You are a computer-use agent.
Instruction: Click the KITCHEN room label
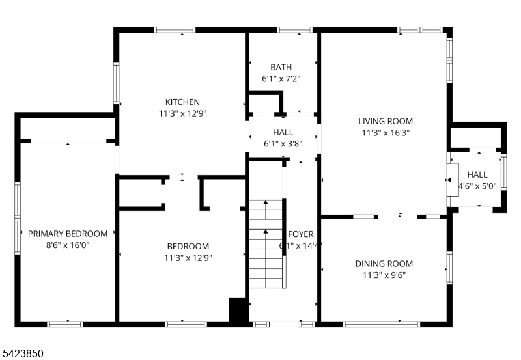click(182, 102)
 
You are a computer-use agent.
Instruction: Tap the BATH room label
click(281, 67)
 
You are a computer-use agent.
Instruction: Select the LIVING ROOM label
click(386, 121)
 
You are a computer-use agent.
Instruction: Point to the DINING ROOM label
click(384, 264)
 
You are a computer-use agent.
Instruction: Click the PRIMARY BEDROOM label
click(68, 234)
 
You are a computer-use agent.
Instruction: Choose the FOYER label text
click(301, 234)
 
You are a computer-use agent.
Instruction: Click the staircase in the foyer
click(266, 244)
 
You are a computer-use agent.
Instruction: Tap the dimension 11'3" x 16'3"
click(386, 132)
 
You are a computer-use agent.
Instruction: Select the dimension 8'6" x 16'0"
click(68, 245)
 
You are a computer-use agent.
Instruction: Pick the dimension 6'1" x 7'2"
click(281, 79)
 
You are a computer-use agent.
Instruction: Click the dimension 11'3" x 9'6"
click(384, 275)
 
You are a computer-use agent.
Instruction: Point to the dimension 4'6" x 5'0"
click(477, 186)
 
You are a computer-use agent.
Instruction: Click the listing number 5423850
click(23, 353)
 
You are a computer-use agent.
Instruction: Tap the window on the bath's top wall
click(296, 30)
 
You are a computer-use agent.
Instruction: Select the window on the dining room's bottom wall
click(382, 324)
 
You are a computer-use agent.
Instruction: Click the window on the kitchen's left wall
click(117, 83)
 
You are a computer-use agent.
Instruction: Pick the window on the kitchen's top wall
click(175, 30)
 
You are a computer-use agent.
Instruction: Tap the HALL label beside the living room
click(477, 174)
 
